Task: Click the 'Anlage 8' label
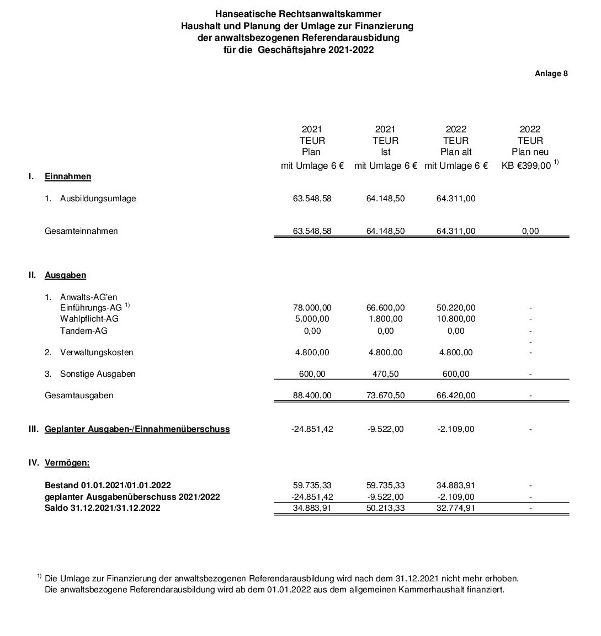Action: (x=551, y=73)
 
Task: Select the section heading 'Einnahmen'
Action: (x=68, y=177)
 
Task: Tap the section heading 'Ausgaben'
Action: (x=65, y=275)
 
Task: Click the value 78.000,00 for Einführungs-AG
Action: (x=312, y=307)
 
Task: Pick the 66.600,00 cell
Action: (x=385, y=307)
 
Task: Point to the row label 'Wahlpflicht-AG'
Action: (x=89, y=318)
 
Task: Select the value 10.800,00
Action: (x=456, y=318)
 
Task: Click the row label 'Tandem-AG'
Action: (x=84, y=330)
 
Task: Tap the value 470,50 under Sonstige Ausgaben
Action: (x=385, y=373)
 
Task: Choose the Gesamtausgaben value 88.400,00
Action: (x=312, y=395)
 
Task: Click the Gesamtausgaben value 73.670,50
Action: (x=385, y=395)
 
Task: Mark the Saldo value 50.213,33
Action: (x=385, y=507)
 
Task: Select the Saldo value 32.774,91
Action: (x=456, y=507)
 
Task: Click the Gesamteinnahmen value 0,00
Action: (x=530, y=231)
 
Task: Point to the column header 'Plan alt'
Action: (x=456, y=152)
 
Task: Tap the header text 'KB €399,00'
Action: (x=526, y=165)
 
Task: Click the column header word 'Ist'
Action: (x=385, y=152)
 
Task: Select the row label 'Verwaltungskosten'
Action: (x=97, y=352)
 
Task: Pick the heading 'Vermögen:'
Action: (x=67, y=462)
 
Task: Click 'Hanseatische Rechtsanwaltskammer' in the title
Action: (x=298, y=14)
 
